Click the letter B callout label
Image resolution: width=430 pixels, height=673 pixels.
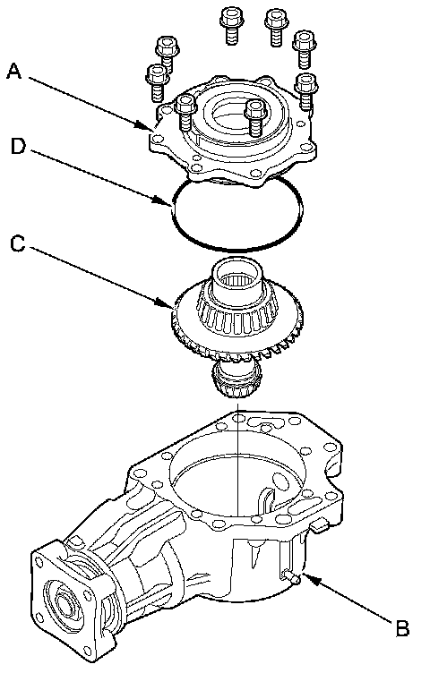(x=402, y=629)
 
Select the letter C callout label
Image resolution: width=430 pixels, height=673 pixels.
(x=18, y=244)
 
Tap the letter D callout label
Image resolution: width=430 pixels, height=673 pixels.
(x=19, y=147)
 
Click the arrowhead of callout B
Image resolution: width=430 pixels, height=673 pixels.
(x=309, y=580)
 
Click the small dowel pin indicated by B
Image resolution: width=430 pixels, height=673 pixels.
(x=292, y=577)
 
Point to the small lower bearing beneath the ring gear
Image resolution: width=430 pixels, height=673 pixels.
(x=236, y=379)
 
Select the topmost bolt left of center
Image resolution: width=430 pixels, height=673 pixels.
(x=230, y=25)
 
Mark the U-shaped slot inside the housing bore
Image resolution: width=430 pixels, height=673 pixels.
(x=266, y=498)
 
